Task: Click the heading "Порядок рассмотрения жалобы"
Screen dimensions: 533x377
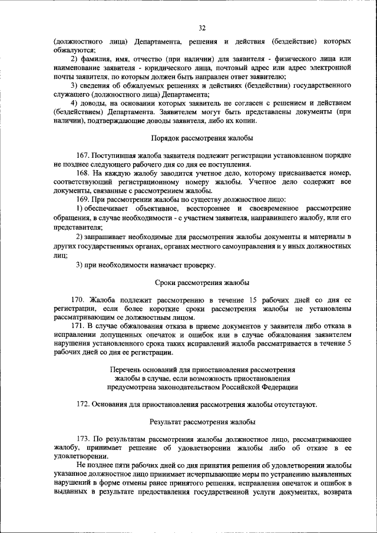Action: click(x=202, y=138)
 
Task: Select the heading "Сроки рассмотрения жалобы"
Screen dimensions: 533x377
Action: click(x=202, y=283)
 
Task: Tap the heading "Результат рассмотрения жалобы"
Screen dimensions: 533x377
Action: click(x=202, y=422)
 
